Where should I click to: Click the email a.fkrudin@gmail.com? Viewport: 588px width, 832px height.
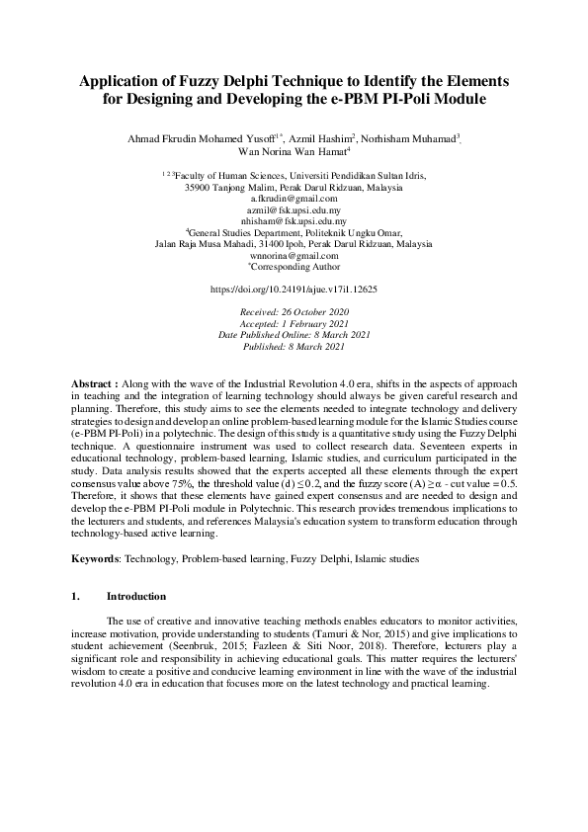(x=294, y=199)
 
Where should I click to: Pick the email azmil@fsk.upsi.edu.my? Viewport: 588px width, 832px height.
(x=294, y=210)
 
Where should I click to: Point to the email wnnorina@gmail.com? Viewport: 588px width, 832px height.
(x=294, y=255)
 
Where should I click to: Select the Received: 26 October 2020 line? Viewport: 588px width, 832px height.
(x=294, y=311)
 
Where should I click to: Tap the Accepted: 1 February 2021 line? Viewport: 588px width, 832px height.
(x=294, y=323)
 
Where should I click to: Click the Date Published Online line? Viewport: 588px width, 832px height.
(x=294, y=335)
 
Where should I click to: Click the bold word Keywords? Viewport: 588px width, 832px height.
(x=96, y=559)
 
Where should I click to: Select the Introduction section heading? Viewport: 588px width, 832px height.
(x=136, y=597)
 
